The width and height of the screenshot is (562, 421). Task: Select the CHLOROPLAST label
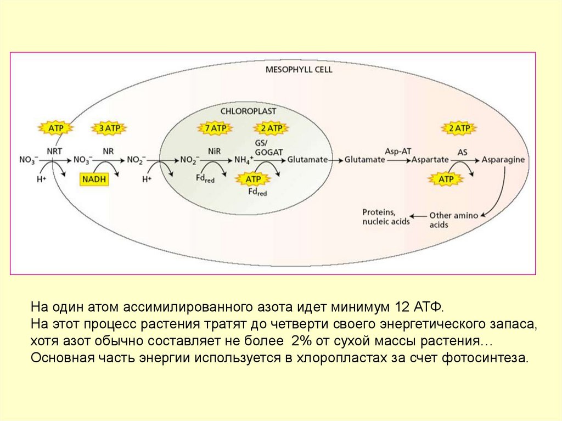(x=248, y=110)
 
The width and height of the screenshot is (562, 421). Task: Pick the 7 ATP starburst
(x=215, y=128)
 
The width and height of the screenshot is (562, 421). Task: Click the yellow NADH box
(x=94, y=179)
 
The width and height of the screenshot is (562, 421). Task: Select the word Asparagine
(x=503, y=160)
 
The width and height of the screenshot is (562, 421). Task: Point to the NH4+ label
(x=243, y=160)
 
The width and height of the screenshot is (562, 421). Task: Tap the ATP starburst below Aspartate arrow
(x=445, y=179)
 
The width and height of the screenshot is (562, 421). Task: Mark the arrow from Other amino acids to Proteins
(x=419, y=216)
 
